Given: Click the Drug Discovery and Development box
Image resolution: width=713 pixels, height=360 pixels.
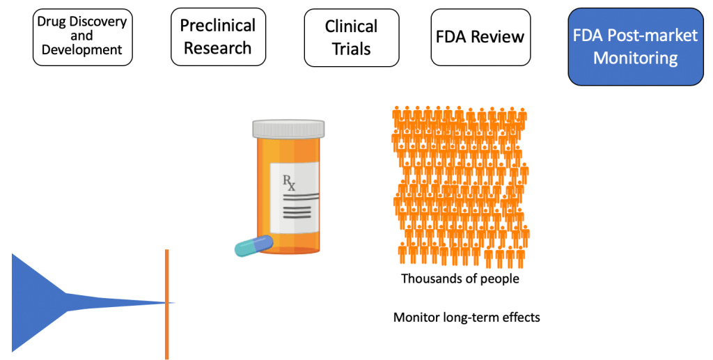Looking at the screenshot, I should tap(82, 36).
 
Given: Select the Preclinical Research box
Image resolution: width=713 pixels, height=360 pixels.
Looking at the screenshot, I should tap(218, 37).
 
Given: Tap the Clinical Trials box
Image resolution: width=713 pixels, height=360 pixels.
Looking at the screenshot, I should tap(352, 38).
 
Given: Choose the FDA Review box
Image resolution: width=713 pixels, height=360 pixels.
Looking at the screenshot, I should tap(480, 37).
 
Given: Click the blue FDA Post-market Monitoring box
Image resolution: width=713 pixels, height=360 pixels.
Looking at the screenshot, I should tap(635, 46).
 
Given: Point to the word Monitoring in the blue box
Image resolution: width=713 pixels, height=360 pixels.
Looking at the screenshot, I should tap(635, 58).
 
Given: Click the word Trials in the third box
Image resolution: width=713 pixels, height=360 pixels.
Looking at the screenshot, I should tap(352, 49).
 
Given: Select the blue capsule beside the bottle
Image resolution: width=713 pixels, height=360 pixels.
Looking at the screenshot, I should tap(253, 245).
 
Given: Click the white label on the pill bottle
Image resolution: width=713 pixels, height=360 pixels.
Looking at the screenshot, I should tap(296, 198).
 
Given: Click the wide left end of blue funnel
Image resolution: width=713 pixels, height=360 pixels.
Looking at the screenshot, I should tap(21, 302).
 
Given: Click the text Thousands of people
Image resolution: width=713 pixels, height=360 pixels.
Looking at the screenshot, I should tap(460, 279).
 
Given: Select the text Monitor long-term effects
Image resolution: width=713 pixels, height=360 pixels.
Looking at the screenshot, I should tap(467, 318).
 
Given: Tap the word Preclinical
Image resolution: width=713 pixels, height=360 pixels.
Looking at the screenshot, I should tap(218, 26).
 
